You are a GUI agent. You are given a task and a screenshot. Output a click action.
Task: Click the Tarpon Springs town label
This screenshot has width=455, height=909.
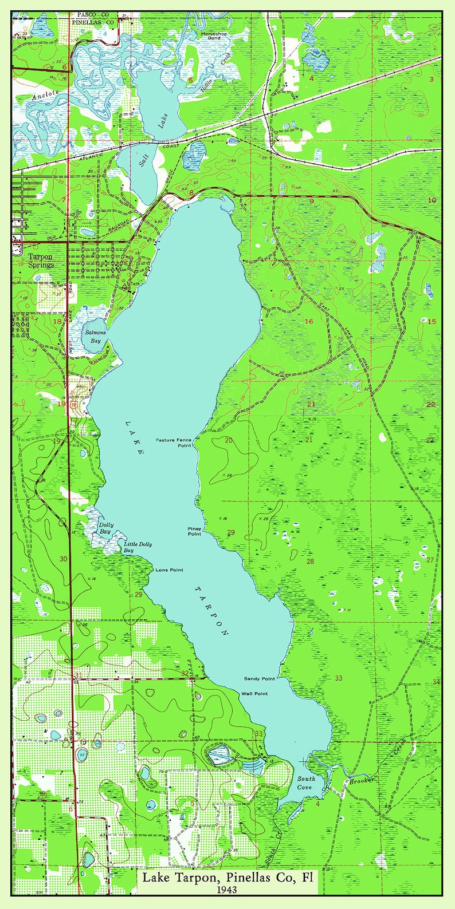41,261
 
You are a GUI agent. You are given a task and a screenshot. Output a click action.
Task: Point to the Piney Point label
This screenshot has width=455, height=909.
195,531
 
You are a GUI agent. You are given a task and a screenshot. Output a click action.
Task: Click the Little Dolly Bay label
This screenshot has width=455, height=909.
137,547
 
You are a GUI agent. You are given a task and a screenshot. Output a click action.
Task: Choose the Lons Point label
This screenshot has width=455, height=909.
169,570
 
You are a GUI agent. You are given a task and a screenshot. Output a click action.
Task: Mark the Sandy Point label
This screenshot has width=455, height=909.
260,678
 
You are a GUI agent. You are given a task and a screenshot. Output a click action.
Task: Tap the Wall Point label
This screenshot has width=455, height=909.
254,694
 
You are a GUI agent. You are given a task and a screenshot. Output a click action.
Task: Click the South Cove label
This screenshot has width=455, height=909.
305,783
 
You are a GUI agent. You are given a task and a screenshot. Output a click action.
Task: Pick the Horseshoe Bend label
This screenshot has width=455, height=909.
214,37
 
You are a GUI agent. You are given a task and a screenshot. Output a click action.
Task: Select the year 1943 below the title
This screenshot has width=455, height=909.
227,890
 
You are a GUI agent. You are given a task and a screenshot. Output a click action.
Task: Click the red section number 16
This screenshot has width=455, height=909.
309,322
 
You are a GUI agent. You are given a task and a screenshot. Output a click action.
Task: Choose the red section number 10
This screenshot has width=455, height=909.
432,200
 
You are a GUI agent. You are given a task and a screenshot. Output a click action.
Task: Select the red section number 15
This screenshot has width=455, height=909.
432,322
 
